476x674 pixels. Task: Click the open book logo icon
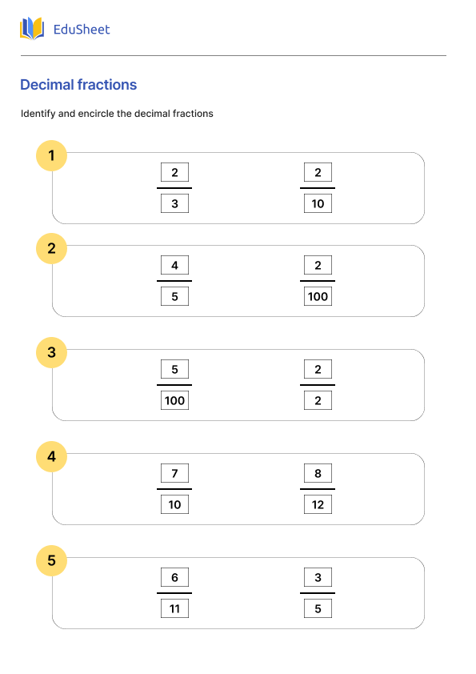pos(32,29)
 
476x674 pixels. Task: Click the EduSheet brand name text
pos(81,30)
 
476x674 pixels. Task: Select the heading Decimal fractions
pos(78,85)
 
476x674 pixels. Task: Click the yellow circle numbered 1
pos(52,155)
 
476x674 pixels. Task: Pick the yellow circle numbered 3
pos(52,352)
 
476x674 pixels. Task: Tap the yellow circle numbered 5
pos(52,560)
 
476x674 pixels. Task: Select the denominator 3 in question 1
pos(174,204)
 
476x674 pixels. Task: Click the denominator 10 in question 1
pos(318,204)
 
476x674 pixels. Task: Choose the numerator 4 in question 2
pos(174,265)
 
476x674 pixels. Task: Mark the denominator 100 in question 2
pos(318,297)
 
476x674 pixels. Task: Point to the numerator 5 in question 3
pos(174,369)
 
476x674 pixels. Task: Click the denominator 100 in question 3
pos(174,401)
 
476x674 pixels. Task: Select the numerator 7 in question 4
pos(174,473)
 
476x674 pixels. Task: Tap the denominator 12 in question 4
pos(318,505)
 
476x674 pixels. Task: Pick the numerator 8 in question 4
pos(318,473)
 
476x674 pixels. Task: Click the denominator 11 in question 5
pos(174,609)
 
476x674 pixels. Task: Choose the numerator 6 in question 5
pos(174,577)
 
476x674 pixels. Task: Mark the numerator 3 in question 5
pos(318,577)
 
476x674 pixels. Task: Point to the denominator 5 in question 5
pos(318,609)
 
